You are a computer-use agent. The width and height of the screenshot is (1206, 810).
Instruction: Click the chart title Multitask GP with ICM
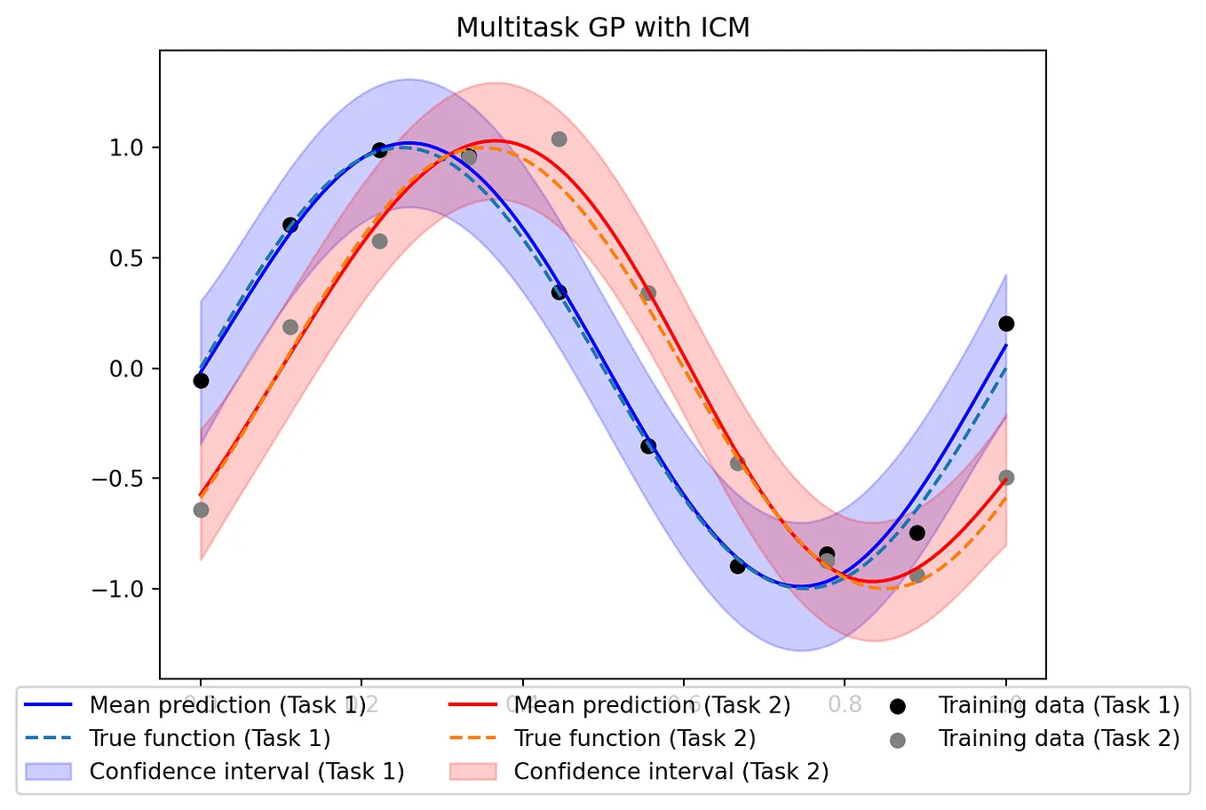click(603, 28)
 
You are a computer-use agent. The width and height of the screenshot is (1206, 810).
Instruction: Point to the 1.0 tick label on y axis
click(127, 147)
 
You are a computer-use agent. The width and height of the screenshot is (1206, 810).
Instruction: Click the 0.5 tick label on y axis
click(127, 258)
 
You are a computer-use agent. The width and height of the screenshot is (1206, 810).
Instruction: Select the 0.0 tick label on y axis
click(127, 369)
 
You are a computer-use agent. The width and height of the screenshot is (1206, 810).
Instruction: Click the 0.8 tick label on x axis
click(845, 703)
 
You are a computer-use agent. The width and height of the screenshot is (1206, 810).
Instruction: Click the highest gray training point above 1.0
click(559, 139)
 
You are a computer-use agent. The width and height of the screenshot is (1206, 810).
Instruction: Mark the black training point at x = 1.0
click(1006, 323)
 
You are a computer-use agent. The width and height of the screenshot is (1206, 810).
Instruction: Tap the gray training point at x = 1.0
click(1006, 478)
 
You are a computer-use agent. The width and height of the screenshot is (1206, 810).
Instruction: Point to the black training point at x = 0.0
click(201, 381)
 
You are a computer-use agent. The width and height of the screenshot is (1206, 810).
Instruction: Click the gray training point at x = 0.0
click(201, 510)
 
